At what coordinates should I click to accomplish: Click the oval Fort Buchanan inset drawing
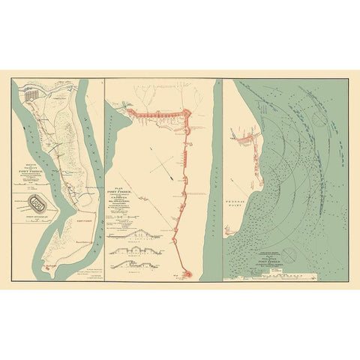coord(36,202)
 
